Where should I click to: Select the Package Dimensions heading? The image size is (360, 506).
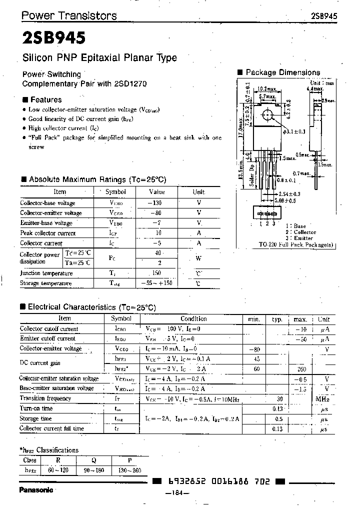click(282, 72)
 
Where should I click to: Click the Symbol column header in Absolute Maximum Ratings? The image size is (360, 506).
click(115, 192)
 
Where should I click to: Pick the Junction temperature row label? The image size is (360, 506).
click(46, 273)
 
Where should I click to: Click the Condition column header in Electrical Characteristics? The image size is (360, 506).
click(193, 318)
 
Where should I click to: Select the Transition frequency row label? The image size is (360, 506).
click(46, 398)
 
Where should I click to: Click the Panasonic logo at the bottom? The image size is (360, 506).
click(36, 490)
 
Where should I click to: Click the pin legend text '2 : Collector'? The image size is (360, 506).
click(301, 232)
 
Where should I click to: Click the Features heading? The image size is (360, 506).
click(46, 99)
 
